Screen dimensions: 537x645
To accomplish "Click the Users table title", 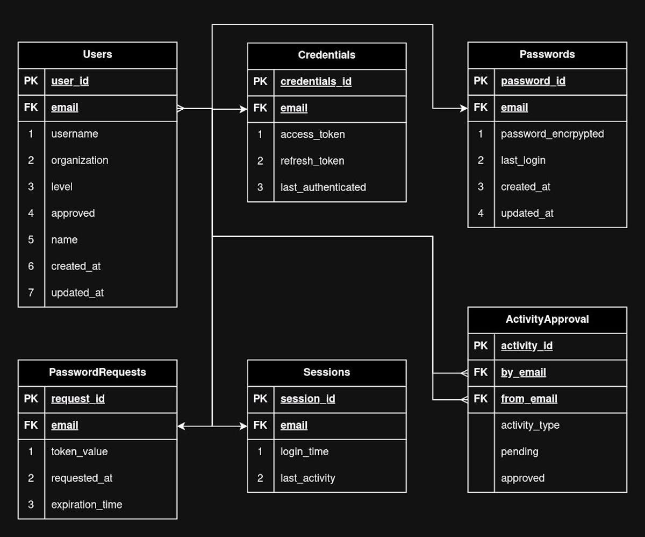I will pyautogui.click(x=97, y=54).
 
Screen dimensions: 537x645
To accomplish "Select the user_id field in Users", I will pyautogui.click(x=70, y=81).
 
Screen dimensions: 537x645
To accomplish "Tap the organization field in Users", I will pyautogui.click(x=80, y=160).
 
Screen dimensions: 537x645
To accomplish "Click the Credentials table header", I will pyautogui.click(x=326, y=55).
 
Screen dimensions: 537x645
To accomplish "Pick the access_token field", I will pyautogui.click(x=312, y=135).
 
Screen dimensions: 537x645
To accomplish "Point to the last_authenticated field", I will pyautogui.click(x=323, y=187).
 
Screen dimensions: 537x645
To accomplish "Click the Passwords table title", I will pyautogui.click(x=547, y=54).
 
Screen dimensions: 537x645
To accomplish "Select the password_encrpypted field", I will pyautogui.click(x=552, y=134).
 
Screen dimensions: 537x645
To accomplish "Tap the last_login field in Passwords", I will pyautogui.click(x=523, y=160).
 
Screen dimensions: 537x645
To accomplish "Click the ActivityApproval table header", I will pyautogui.click(x=547, y=319).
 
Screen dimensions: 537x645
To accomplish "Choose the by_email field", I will pyautogui.click(x=523, y=372).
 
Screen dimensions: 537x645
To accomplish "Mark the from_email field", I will pyautogui.click(x=529, y=399).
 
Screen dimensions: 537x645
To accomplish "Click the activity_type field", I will pyautogui.click(x=530, y=425).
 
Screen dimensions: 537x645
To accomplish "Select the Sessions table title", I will pyautogui.click(x=326, y=372).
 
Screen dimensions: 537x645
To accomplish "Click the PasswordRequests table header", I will pyautogui.click(x=97, y=372).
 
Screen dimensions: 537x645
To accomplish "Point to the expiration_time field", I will pyautogui.click(x=87, y=505).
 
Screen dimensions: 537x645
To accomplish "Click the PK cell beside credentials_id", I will pyautogui.click(x=260, y=82).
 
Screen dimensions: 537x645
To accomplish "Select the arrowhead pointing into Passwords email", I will pyautogui.click(x=464, y=108).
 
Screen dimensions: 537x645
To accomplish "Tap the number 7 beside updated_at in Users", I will pyautogui.click(x=31, y=293).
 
